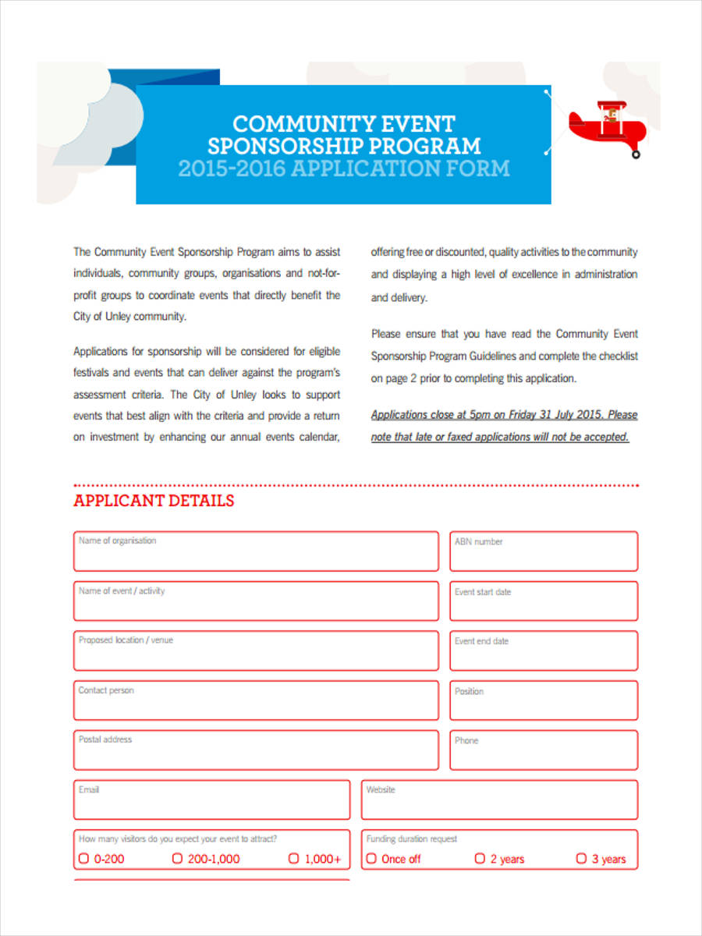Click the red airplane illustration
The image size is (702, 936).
click(605, 126)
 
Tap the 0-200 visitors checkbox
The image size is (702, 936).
click(83, 859)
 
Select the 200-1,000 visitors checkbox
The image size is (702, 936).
click(177, 859)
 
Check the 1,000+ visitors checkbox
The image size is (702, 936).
click(294, 859)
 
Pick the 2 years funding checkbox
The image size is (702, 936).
click(480, 859)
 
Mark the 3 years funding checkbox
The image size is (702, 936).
click(581, 859)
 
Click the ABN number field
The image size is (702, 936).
click(544, 551)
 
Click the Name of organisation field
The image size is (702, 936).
click(256, 551)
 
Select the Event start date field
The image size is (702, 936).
click(544, 601)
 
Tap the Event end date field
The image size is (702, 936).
click(544, 651)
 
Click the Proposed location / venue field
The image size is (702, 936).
click(256, 651)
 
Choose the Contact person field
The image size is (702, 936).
click(256, 700)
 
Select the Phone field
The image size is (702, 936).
click(544, 750)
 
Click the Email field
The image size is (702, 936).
click(211, 800)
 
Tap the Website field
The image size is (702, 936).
click(499, 800)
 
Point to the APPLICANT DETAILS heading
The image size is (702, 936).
click(154, 501)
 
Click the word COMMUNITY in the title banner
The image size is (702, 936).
click(293, 124)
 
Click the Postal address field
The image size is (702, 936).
click(256, 750)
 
